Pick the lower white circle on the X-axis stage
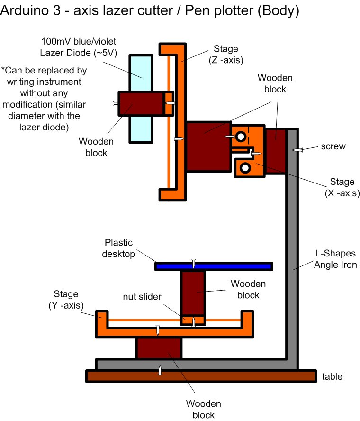pyautogui.click(x=245, y=167)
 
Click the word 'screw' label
pyautogui.click(x=333, y=146)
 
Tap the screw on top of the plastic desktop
pyautogui.click(x=193, y=263)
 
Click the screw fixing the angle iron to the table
pyautogui.click(x=161, y=370)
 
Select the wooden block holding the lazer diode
pyautogui.click(x=141, y=103)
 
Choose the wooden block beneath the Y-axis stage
pyautogui.click(x=159, y=348)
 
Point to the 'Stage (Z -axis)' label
pyautogui.click(x=226, y=54)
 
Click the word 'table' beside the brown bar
pyautogui.click(x=332, y=377)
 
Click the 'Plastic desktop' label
pyautogui.click(x=119, y=248)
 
